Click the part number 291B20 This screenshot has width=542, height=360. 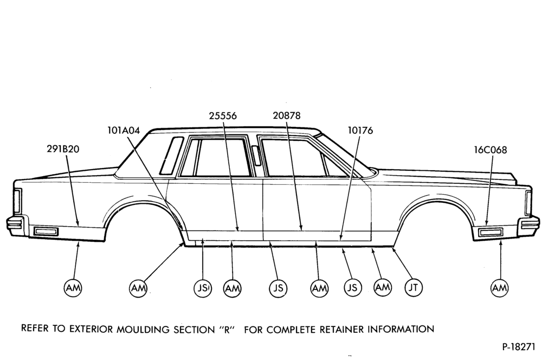pos(63,149)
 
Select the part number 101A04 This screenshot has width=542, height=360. pos(124,130)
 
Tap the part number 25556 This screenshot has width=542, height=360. pos(223,115)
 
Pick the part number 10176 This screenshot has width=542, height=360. pos(360,130)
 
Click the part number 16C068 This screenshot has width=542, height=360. pos(490,150)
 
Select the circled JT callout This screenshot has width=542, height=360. pos(414,287)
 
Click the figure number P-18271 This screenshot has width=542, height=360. pos(519,347)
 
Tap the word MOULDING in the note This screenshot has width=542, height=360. pos(141,329)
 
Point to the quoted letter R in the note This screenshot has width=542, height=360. pos(227,329)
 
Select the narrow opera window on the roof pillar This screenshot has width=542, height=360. pos(171,155)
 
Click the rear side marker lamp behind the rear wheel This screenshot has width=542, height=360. pos(46,232)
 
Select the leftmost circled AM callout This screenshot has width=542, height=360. pos(73,287)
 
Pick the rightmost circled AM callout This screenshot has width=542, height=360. pos(500,287)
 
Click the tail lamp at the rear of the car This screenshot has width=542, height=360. pos(17,201)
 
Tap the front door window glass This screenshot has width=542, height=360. pos(294,158)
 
